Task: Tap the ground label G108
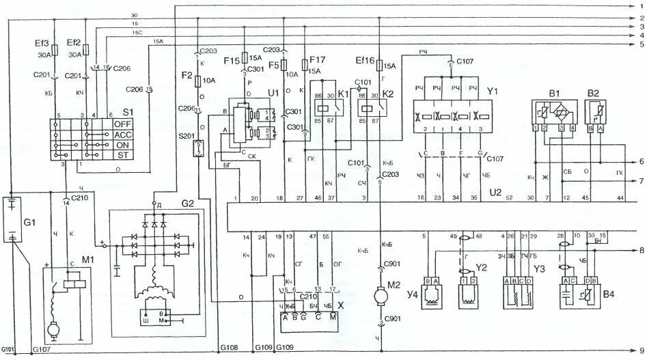(x=229, y=348)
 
